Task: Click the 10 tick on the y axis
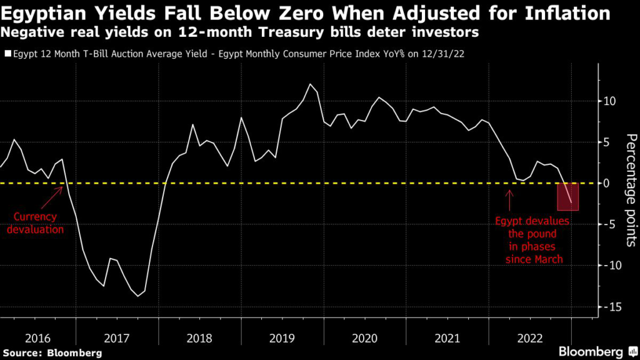point(610,101)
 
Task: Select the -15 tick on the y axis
point(607,307)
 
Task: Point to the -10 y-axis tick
point(607,266)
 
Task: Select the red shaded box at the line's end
point(567,197)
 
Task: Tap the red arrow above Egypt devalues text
point(509,199)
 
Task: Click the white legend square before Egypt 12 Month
point(7,54)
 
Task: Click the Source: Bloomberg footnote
point(52,353)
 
